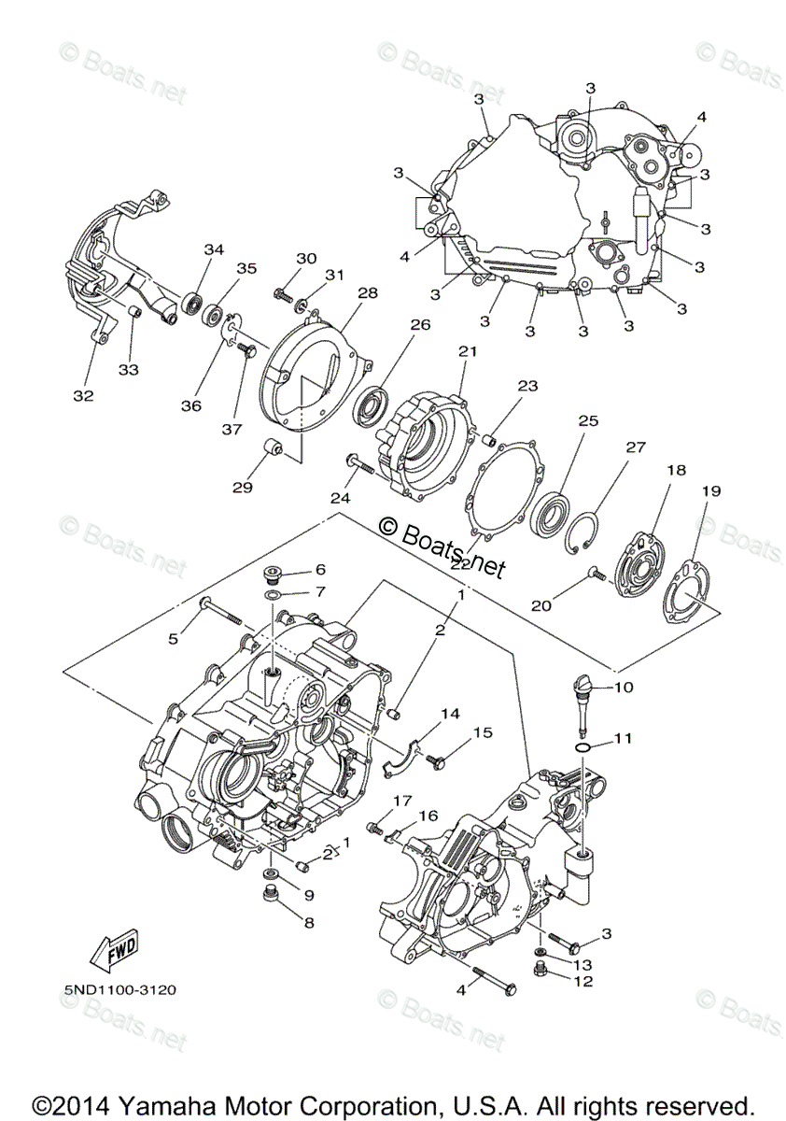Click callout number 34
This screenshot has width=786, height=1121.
(215, 249)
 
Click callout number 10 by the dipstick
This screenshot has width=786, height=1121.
(624, 687)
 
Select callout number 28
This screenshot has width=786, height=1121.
(367, 292)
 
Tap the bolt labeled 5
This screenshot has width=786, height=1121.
(220, 612)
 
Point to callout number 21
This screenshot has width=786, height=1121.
(467, 351)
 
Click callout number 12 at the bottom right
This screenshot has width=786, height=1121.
(583, 981)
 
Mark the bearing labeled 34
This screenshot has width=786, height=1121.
(195, 300)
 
